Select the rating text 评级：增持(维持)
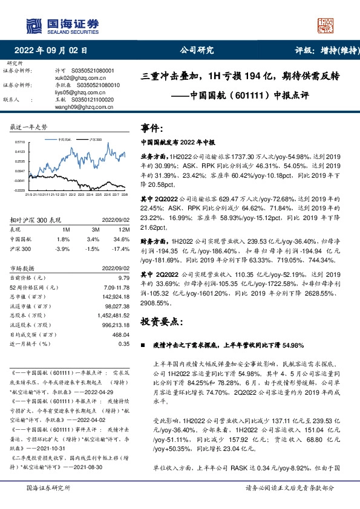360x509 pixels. pyautogui.click(x=320, y=51)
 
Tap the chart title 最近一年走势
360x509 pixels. pyautogui.click(x=30, y=128)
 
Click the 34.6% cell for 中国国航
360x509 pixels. pyautogui.click(x=123, y=239)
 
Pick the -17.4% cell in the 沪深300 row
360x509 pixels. pyautogui.click(x=122, y=248)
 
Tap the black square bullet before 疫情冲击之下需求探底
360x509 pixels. pyautogui.click(x=143, y=346)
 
